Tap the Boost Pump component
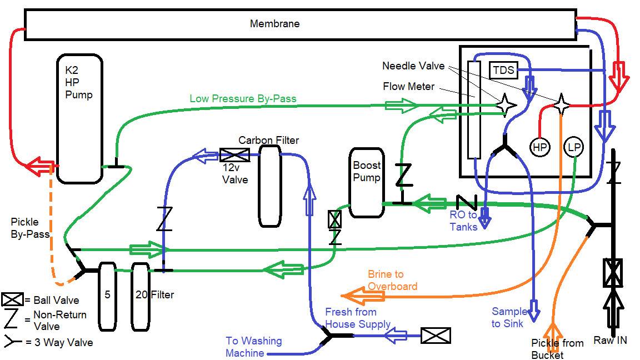(366, 182)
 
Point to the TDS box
(503, 71)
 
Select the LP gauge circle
(574, 148)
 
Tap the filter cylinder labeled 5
(107, 296)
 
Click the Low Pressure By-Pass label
(243, 99)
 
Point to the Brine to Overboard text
(392, 280)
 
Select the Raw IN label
(610, 340)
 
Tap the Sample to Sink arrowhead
(533, 311)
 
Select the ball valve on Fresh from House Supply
(435, 336)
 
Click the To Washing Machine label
(253, 346)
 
